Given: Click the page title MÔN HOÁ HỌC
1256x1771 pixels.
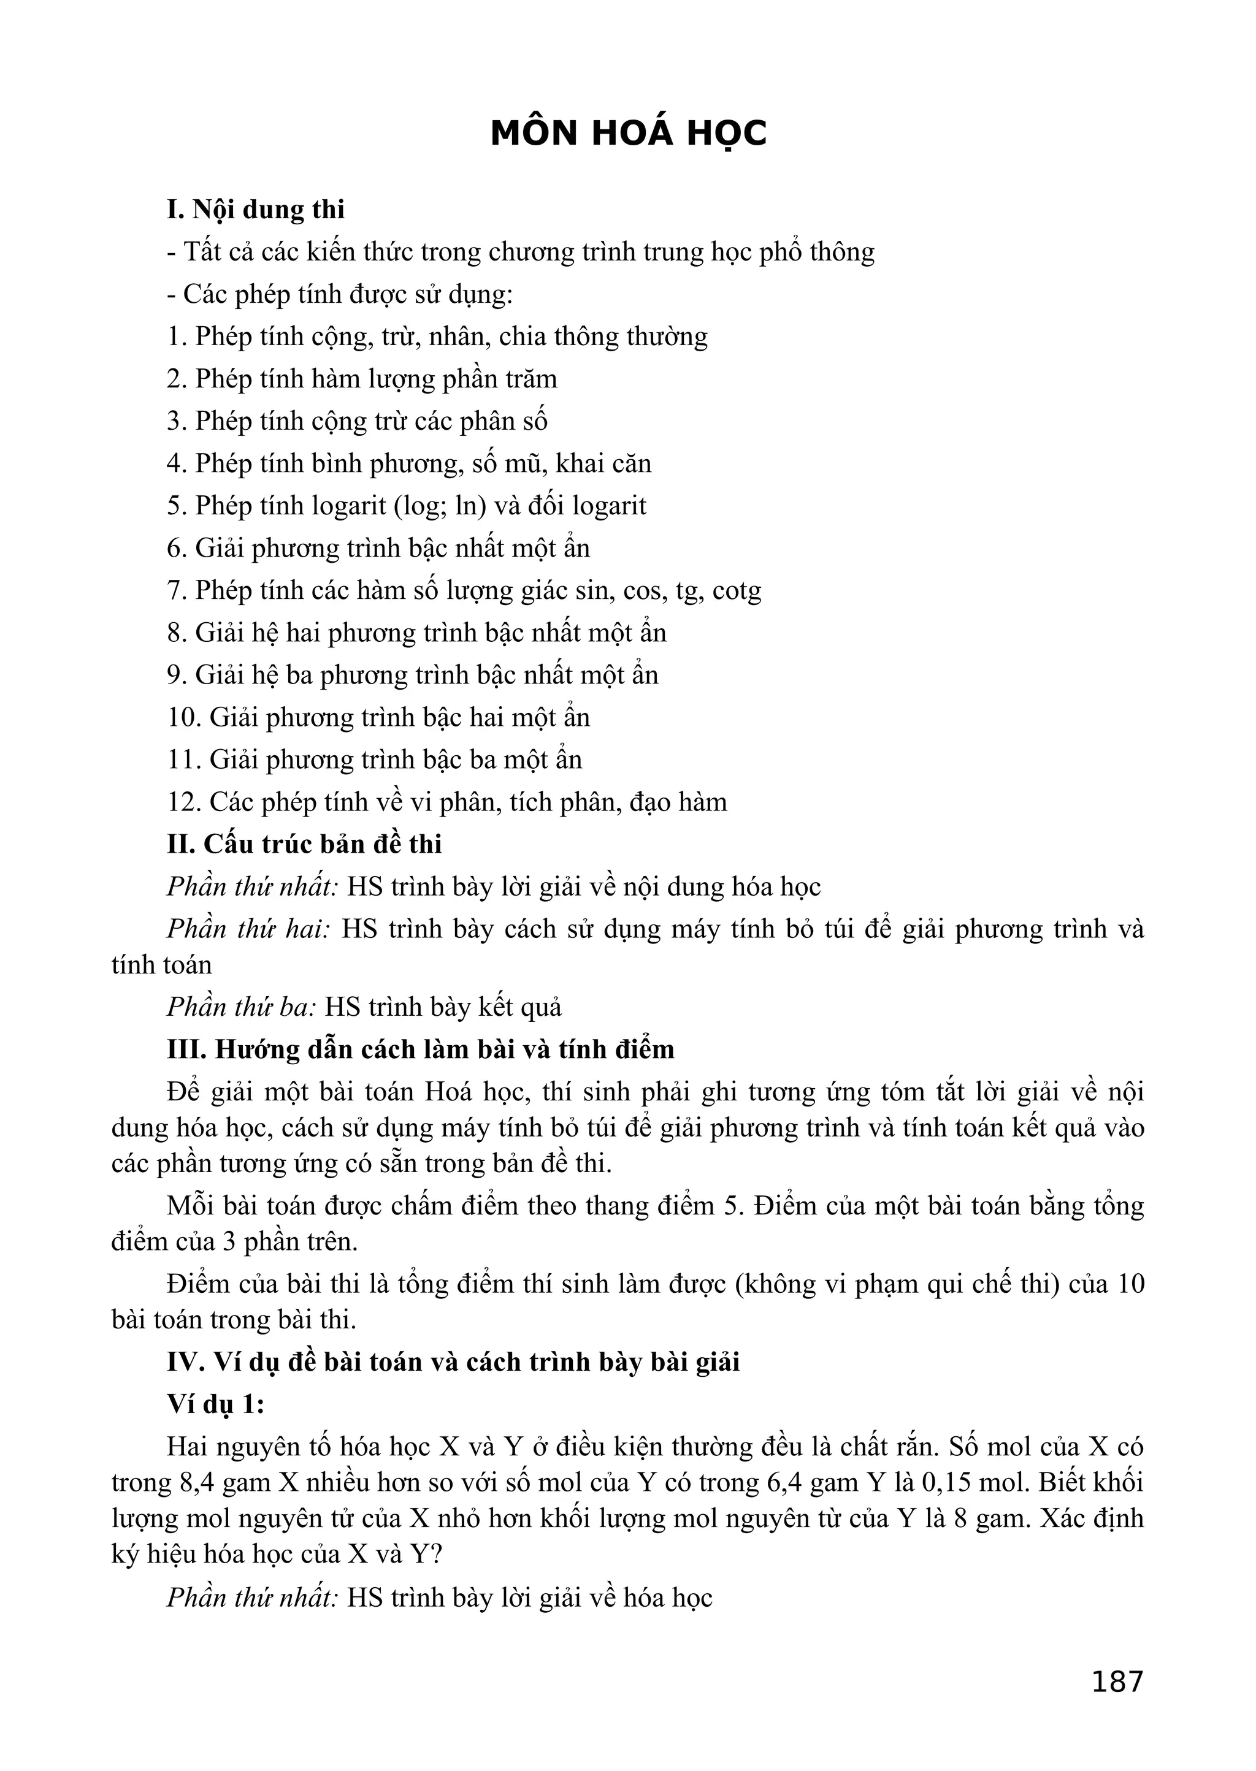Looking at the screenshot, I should click(x=628, y=134).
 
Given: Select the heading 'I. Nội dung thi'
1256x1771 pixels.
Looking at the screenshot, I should click(x=256, y=210).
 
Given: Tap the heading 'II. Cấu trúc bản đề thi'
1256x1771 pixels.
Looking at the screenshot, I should click(x=304, y=844).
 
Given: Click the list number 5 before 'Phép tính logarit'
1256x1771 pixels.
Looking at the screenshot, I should click(x=175, y=506).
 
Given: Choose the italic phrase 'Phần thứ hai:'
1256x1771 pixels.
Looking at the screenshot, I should click(x=248, y=929).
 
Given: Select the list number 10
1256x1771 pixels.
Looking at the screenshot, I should click(x=184, y=718).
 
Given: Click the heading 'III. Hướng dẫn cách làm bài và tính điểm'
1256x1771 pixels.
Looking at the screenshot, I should click(x=420, y=1049).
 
